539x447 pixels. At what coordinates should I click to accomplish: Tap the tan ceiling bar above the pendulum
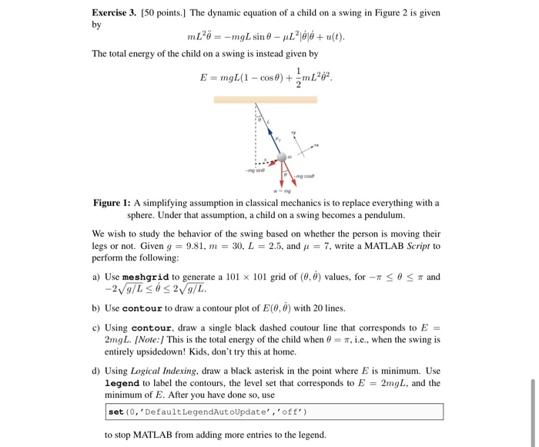point(265,99)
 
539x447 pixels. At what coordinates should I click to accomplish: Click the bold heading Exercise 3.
point(120,13)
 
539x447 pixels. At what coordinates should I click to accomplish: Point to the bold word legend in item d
point(122,383)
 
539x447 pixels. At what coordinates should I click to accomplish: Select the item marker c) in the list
point(96,327)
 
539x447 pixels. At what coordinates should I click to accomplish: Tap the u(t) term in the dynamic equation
point(333,36)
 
